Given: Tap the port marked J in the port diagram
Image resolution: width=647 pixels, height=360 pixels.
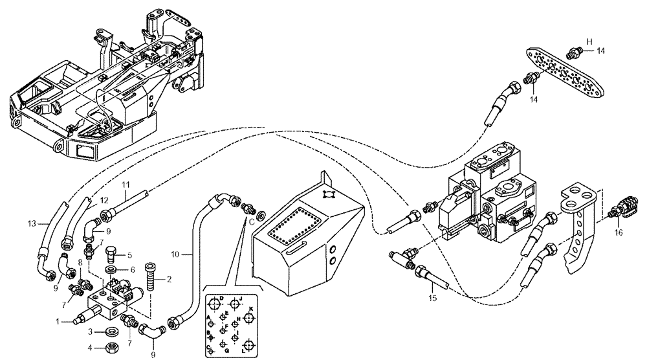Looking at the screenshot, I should click(x=236, y=304).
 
